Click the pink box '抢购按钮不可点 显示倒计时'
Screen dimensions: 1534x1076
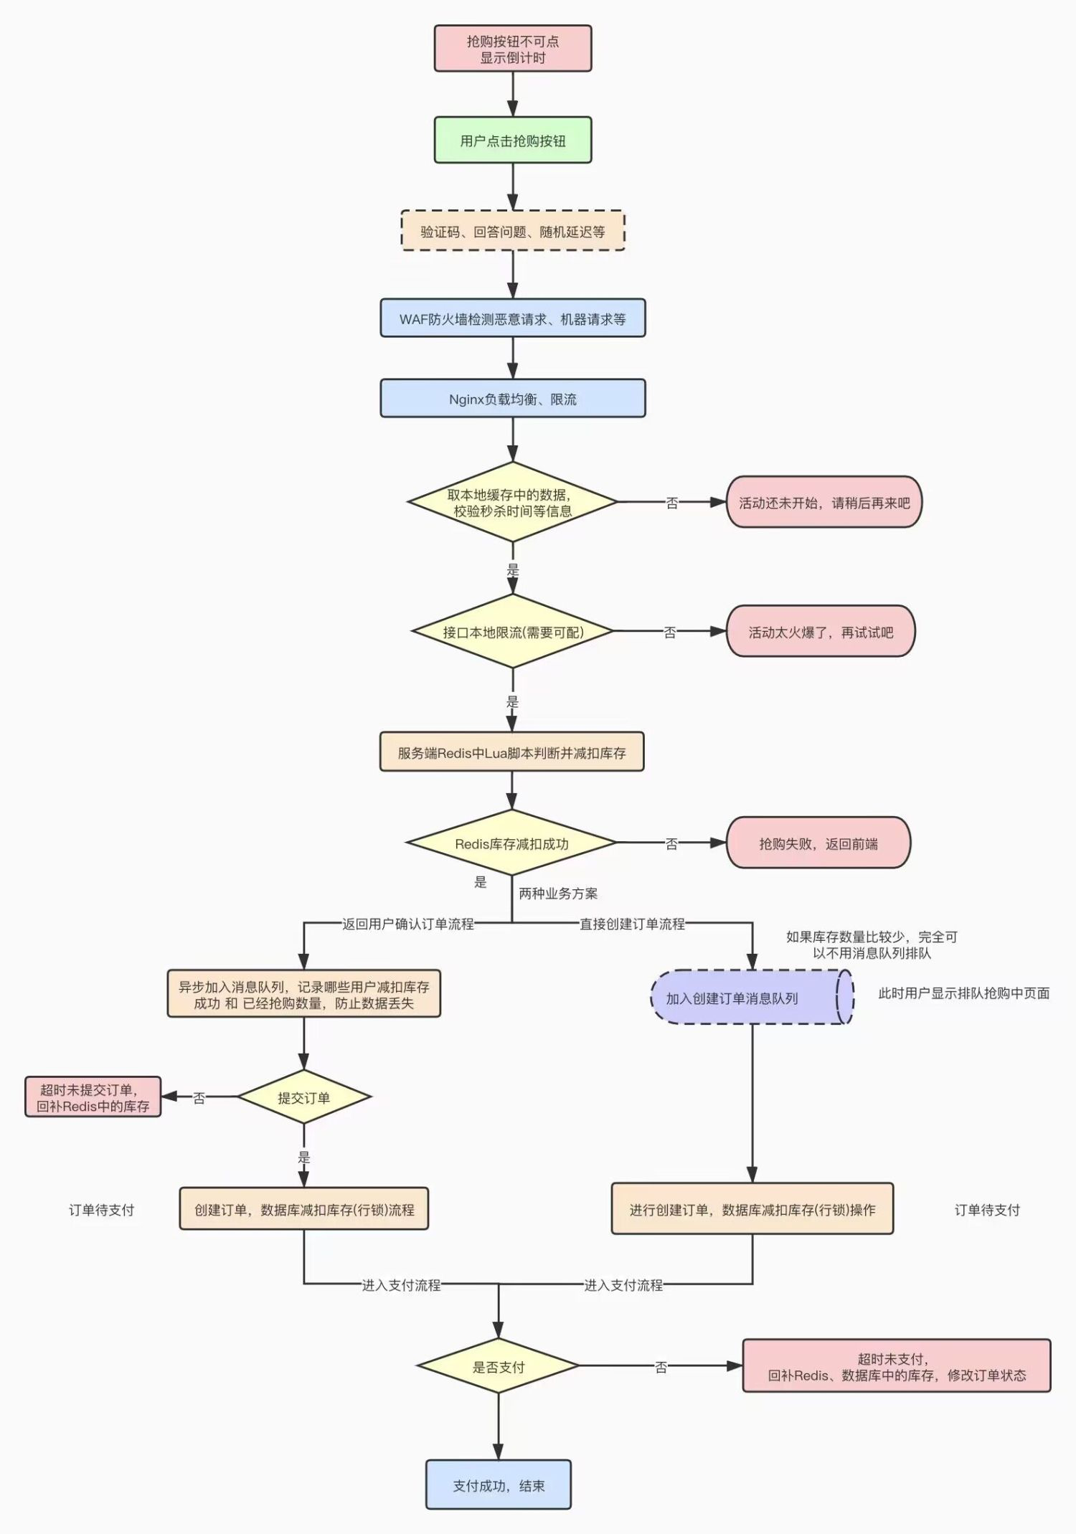click(x=513, y=49)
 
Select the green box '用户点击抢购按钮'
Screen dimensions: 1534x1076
click(x=513, y=141)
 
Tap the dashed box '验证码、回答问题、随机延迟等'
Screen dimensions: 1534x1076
click(x=513, y=231)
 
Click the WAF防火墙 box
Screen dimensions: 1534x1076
click(x=513, y=318)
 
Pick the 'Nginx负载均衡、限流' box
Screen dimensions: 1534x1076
click(x=513, y=399)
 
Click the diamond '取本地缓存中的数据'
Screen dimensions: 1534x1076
click(x=513, y=502)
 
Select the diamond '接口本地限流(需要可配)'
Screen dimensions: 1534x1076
click(x=513, y=632)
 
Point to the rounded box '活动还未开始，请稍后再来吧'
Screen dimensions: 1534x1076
click(x=824, y=502)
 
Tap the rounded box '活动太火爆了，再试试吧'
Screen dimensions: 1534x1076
click(x=821, y=632)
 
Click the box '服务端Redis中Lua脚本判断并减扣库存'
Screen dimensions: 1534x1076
click(x=511, y=752)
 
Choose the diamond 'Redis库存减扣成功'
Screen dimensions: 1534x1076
click(x=511, y=843)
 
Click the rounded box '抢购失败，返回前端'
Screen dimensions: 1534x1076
click(x=818, y=843)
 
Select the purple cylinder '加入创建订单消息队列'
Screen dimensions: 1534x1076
click(x=752, y=998)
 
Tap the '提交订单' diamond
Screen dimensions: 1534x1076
click(x=304, y=1097)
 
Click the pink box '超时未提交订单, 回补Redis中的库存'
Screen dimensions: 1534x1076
click(x=93, y=1097)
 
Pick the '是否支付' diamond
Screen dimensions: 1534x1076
click(x=499, y=1366)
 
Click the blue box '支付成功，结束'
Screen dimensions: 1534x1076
click(x=499, y=1485)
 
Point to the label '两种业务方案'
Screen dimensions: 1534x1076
click(x=558, y=894)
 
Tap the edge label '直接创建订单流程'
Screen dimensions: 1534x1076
click(x=632, y=924)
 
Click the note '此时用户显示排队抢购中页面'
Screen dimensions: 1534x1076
click(x=964, y=993)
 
